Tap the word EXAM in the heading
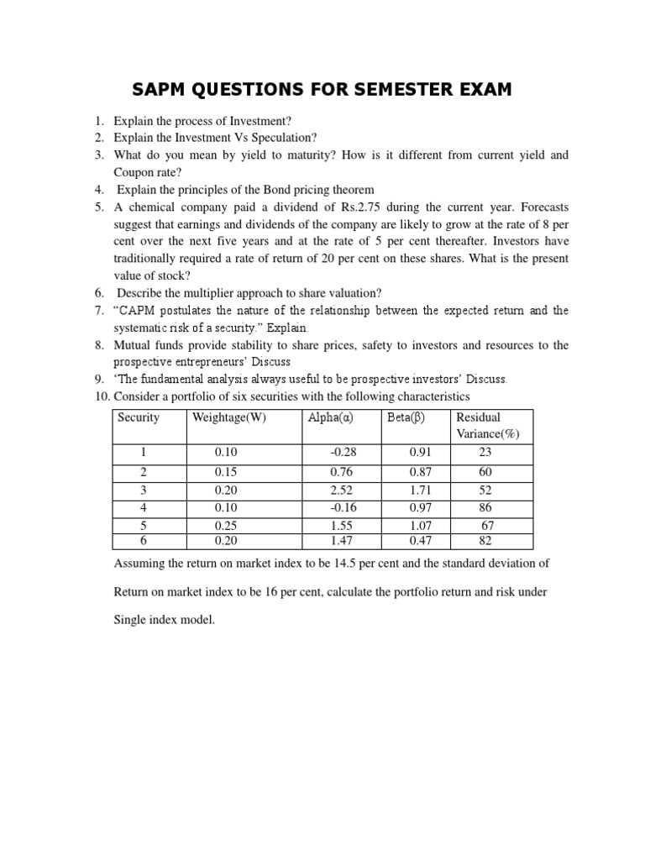tap(479, 88)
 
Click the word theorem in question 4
tap(350, 189)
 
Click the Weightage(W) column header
tap(228, 417)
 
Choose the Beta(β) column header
tap(406, 417)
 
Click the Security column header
tap(139, 417)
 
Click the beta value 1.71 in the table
tap(419, 490)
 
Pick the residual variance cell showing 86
tap(485, 507)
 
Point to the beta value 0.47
tap(419, 540)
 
